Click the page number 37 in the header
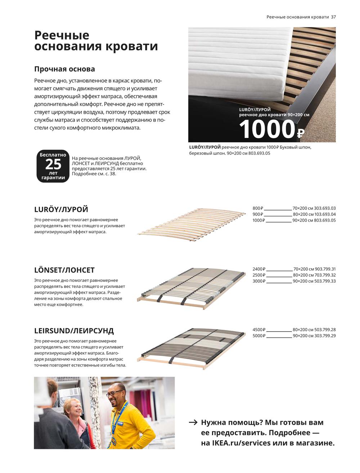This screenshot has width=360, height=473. pyautogui.click(x=333, y=17)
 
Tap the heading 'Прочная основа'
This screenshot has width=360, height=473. pyautogui.click(x=64, y=69)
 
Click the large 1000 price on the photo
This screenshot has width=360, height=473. pyautogui.click(x=267, y=129)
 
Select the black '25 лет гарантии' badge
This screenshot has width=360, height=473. pyautogui.click(x=53, y=166)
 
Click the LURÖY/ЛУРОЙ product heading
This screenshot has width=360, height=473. pyautogui.click(x=61, y=210)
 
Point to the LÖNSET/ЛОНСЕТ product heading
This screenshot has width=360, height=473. pyautogui.click(x=64, y=270)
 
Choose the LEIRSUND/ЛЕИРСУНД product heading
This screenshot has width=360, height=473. pyautogui.click(x=74, y=330)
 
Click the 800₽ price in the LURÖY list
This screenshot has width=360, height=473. pyautogui.click(x=258, y=208)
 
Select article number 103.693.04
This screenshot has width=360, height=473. pyautogui.click(x=325, y=214)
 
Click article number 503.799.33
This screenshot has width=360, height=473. pyautogui.click(x=325, y=281)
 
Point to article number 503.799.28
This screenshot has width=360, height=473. pyautogui.click(x=325, y=330)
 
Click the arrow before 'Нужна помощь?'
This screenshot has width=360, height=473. pyautogui.click(x=193, y=422)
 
